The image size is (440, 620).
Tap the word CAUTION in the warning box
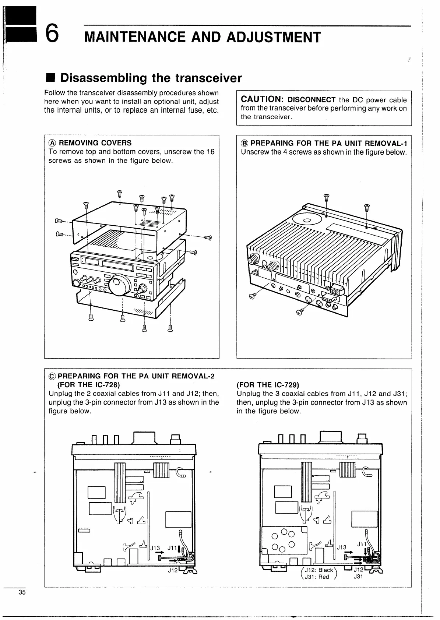click(x=261, y=99)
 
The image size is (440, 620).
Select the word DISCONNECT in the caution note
click(x=311, y=100)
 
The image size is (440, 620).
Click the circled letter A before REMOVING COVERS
click(x=52, y=143)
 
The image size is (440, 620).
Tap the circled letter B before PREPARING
click(x=244, y=143)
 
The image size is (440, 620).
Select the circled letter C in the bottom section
click(x=52, y=376)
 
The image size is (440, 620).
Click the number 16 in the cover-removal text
click(x=210, y=152)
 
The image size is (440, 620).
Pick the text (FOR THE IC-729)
click(x=268, y=385)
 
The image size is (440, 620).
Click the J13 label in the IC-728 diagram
click(x=155, y=547)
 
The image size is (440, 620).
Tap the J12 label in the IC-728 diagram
click(x=172, y=570)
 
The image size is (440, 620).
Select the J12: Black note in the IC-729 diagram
click(x=319, y=570)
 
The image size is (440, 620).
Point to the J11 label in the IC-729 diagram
click(x=362, y=544)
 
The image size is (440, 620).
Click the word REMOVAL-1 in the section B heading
click(x=386, y=143)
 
